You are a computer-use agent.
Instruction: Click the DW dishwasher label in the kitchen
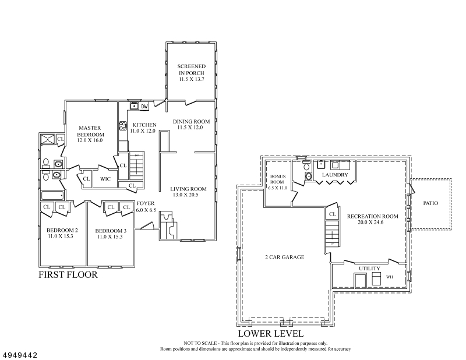click(144, 106)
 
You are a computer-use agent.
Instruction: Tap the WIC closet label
click(105, 179)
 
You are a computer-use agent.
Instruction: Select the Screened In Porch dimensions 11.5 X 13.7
click(192, 79)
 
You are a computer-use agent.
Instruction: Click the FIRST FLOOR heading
click(68, 275)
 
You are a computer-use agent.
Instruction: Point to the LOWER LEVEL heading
click(271, 334)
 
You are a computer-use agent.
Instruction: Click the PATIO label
click(430, 203)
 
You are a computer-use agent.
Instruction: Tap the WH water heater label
click(389, 277)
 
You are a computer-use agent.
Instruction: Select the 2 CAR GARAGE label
click(284, 257)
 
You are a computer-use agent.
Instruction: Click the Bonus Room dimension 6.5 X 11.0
click(278, 188)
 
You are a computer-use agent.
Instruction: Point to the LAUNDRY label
click(335, 175)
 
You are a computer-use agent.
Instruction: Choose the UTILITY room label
click(369, 269)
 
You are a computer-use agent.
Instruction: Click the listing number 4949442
click(20, 355)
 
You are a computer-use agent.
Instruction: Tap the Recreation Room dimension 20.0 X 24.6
click(370, 222)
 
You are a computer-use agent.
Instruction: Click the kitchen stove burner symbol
click(123, 126)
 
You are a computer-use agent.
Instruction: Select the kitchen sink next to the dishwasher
click(135, 106)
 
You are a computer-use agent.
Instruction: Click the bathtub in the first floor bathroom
click(52, 196)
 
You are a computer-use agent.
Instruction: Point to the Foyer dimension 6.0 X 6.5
click(146, 210)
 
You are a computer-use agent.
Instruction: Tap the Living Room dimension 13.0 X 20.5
click(185, 195)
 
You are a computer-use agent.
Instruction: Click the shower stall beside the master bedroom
click(48, 139)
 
